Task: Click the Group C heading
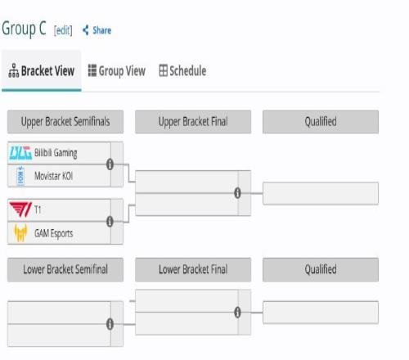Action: [24, 29]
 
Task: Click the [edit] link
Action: [63, 30]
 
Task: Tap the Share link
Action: [97, 30]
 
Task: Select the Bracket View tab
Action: [42, 70]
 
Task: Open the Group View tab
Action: [117, 71]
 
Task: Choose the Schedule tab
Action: [182, 71]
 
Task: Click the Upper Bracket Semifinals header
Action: [65, 122]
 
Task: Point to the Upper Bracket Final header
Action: [193, 122]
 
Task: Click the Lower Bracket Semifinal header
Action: [65, 269]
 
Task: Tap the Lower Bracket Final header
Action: [193, 269]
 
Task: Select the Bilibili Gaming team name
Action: [56, 153]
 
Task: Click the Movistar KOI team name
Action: [54, 176]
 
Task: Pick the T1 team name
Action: [38, 209]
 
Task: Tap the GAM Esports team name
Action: [54, 233]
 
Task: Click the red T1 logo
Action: [20, 209]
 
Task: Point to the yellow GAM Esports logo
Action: [20, 232]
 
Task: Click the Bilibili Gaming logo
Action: [20, 153]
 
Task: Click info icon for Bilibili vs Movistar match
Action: [110, 164]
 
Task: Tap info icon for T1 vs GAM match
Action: [110, 222]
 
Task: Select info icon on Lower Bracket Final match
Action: [237, 313]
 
